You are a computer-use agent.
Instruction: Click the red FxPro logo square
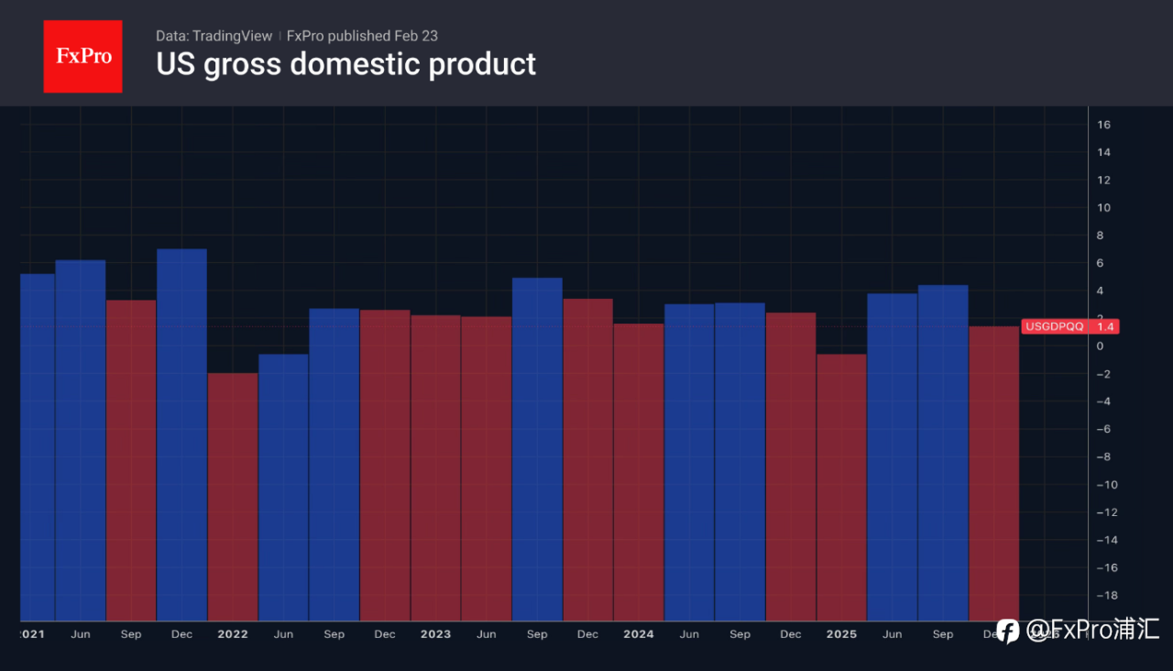click(x=82, y=56)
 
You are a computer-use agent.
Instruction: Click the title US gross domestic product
click(x=345, y=64)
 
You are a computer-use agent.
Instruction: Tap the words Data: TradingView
click(x=214, y=36)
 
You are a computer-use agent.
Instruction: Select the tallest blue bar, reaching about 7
click(x=181, y=431)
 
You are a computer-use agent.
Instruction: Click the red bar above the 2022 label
click(x=233, y=495)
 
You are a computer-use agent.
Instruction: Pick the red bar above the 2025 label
click(x=841, y=486)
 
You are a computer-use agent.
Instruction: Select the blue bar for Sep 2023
click(x=537, y=449)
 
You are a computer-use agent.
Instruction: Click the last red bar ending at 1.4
click(x=993, y=472)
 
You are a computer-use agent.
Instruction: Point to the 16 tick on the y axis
click(x=1103, y=125)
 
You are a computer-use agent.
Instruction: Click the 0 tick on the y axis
click(x=1100, y=346)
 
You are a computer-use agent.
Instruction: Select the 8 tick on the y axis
click(x=1100, y=236)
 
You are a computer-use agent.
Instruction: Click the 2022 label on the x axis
click(x=233, y=634)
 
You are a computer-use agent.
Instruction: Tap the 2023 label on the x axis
click(x=435, y=634)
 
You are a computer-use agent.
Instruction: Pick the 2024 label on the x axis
click(x=639, y=634)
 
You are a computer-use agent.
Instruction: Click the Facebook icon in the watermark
click(x=1008, y=631)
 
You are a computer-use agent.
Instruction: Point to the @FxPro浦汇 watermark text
click(x=1092, y=630)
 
